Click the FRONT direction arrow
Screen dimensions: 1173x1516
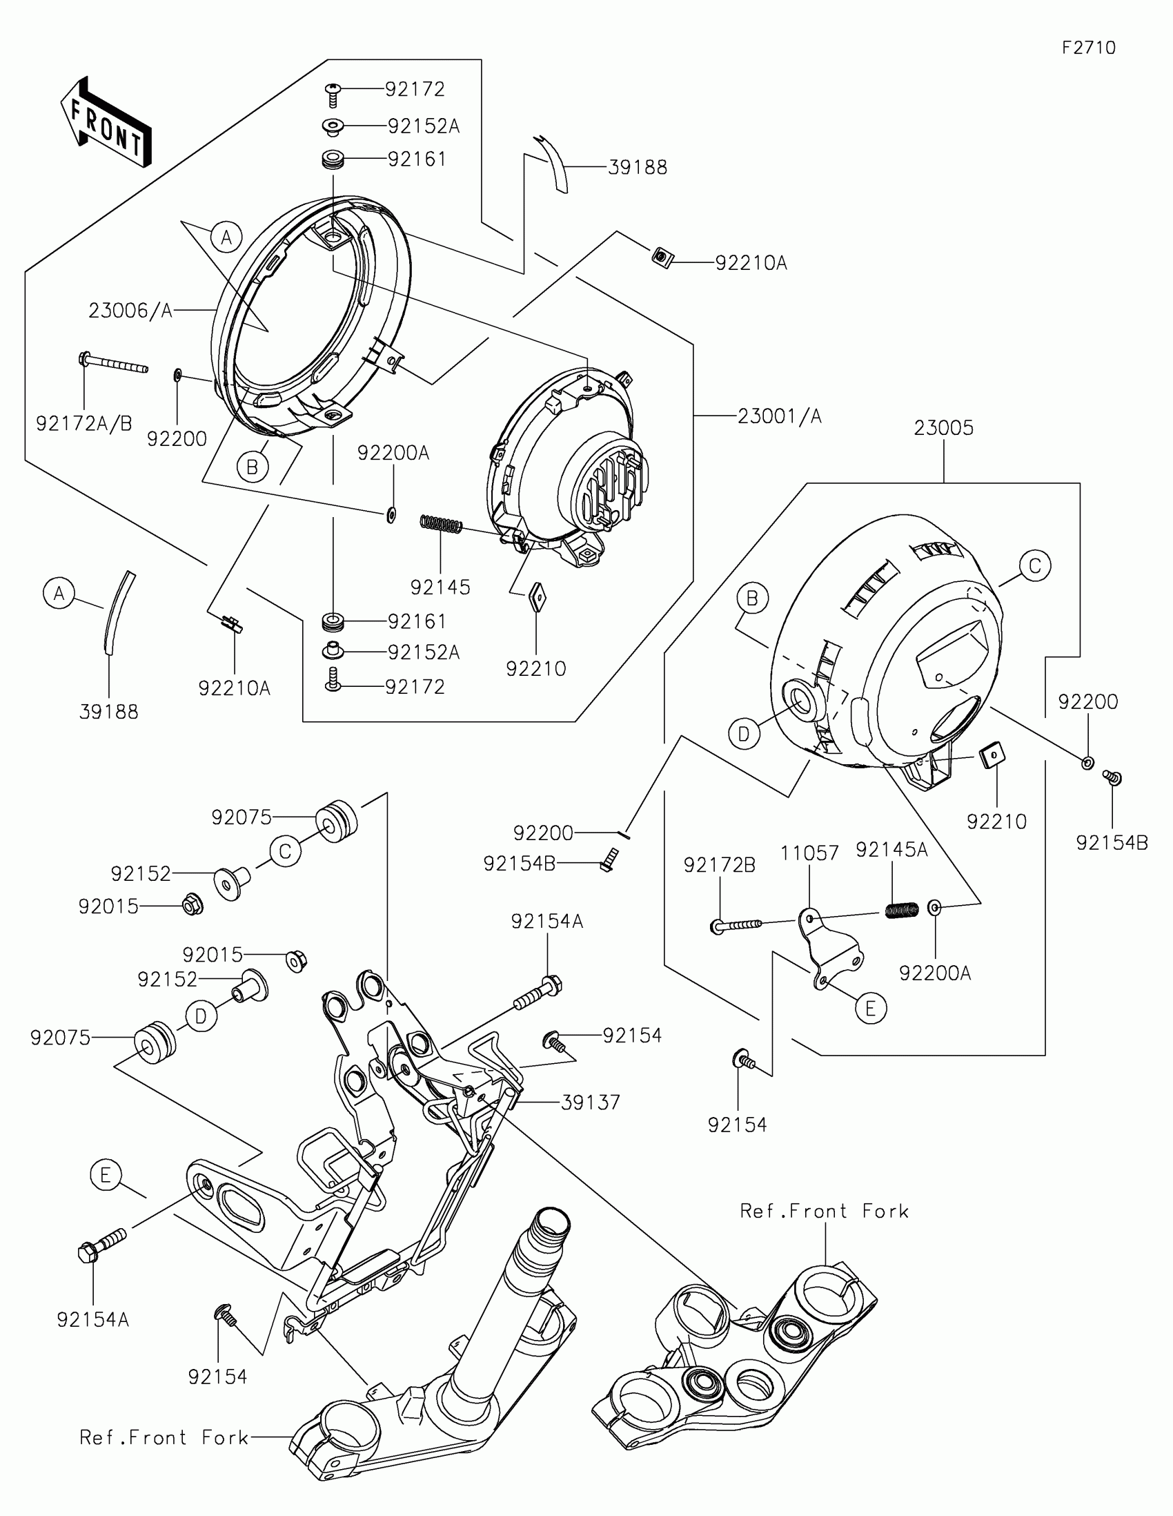point(106,122)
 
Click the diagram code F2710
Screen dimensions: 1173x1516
point(1088,48)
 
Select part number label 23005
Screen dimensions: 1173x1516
point(943,427)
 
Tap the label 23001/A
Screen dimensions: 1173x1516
point(779,416)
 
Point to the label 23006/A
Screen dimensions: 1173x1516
point(130,311)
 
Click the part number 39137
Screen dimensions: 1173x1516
point(591,1102)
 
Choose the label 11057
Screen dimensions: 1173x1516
point(809,853)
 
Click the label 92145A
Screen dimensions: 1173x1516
point(891,850)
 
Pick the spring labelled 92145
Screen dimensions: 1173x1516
point(441,525)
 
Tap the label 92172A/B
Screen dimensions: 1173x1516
point(84,423)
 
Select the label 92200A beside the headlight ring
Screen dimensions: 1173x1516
point(393,454)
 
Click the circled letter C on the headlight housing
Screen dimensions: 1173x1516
point(1035,566)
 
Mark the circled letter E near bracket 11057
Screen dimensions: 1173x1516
point(871,1008)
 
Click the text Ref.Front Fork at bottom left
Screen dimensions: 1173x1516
point(164,1437)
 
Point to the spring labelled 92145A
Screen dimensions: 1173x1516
point(903,909)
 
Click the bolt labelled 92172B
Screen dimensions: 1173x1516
point(736,925)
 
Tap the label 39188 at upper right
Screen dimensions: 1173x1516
point(638,167)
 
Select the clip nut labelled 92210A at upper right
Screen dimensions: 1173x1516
point(662,257)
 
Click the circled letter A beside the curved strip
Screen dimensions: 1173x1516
point(59,594)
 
